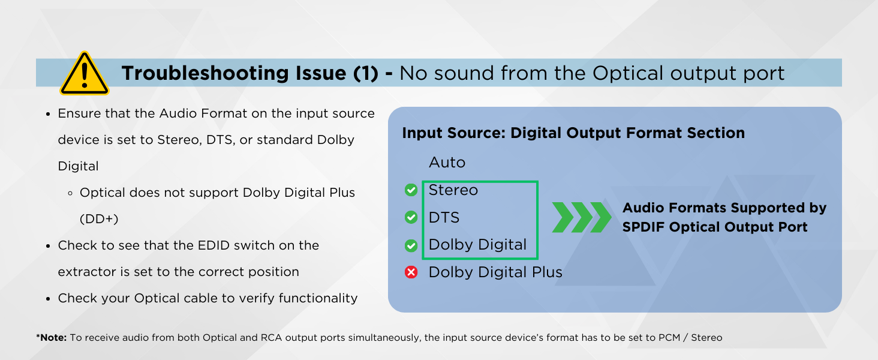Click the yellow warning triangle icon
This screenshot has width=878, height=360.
click(85, 74)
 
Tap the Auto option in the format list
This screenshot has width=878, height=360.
click(447, 163)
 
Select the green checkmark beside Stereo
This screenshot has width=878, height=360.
click(411, 190)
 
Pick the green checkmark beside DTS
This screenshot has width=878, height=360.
click(411, 217)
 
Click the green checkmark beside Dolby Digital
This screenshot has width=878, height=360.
click(411, 245)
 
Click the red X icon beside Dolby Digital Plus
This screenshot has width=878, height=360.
click(411, 272)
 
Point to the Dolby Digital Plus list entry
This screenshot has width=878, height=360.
click(495, 272)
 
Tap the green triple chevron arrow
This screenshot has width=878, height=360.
click(581, 217)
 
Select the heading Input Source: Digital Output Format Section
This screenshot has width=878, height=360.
click(573, 133)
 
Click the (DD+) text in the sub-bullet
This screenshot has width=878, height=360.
click(99, 219)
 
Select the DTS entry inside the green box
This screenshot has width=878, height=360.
click(444, 217)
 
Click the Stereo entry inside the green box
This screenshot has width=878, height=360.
click(453, 190)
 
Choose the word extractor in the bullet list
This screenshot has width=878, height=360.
click(87, 272)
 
